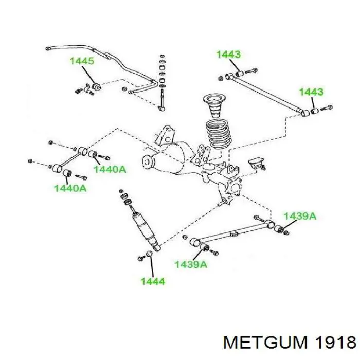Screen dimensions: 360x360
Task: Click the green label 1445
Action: click(x=82, y=61)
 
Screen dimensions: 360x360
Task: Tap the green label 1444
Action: click(x=153, y=281)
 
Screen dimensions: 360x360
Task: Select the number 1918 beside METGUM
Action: click(x=335, y=342)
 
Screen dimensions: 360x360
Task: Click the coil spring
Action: click(x=219, y=134)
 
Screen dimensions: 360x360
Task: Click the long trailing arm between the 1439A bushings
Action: click(x=234, y=233)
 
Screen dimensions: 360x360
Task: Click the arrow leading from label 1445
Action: click(x=88, y=75)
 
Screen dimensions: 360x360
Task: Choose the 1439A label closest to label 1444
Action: click(x=191, y=264)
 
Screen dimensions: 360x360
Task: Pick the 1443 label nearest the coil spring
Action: click(x=228, y=55)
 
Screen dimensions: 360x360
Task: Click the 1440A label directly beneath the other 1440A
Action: click(x=70, y=188)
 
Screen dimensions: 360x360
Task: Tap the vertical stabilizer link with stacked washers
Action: click(x=163, y=82)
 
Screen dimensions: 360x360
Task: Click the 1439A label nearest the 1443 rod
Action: click(x=300, y=216)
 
